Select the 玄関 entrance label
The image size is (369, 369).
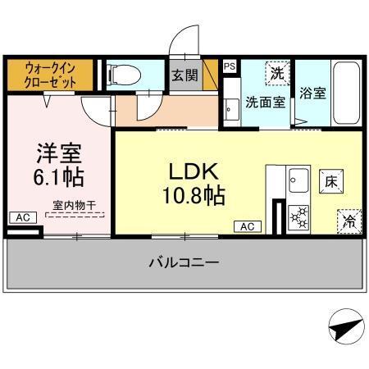pos(183,75)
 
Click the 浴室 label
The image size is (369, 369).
pos(313,93)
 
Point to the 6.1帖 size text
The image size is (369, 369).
pos(57,176)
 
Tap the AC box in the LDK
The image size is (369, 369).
pos(248,225)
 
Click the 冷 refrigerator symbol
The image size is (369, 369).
pos(348,220)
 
